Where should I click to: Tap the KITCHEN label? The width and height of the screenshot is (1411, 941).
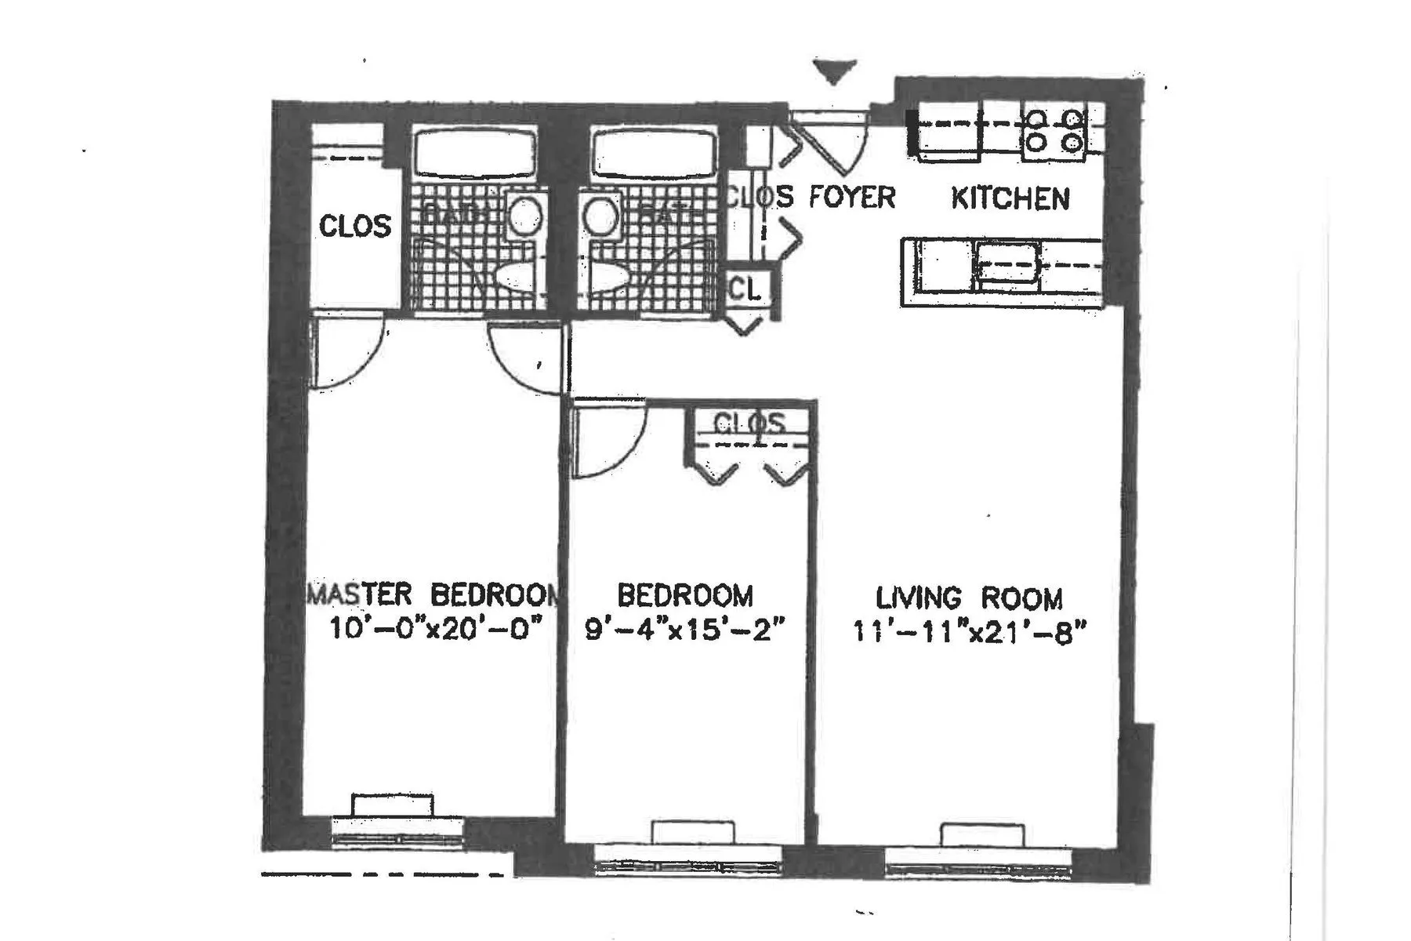tap(1010, 198)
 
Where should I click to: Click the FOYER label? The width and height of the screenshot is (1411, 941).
tap(851, 197)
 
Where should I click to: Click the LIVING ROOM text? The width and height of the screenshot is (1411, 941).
tap(969, 599)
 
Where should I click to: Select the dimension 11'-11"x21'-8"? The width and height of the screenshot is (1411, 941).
tap(970, 632)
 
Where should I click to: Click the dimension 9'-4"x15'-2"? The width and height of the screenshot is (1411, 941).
tap(685, 630)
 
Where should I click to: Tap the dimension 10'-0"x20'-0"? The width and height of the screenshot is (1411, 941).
tap(436, 629)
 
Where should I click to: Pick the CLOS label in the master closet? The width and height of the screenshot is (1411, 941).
tap(354, 227)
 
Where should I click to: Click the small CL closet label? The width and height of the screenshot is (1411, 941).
tap(745, 289)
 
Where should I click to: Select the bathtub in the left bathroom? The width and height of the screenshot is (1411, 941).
tap(475, 154)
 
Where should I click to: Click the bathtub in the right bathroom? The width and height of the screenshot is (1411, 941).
tap(654, 154)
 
